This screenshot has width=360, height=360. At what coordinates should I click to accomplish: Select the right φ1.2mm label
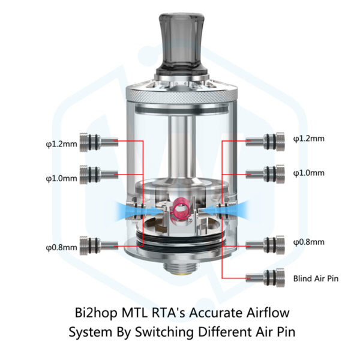click(x=308, y=138)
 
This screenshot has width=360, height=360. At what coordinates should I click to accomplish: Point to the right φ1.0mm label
click(x=308, y=173)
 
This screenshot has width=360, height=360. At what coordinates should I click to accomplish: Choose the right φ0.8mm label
click(x=308, y=242)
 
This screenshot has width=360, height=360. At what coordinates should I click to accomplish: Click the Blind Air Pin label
click(x=316, y=278)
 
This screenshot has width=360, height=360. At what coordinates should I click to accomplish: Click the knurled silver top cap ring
click(x=179, y=94)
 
